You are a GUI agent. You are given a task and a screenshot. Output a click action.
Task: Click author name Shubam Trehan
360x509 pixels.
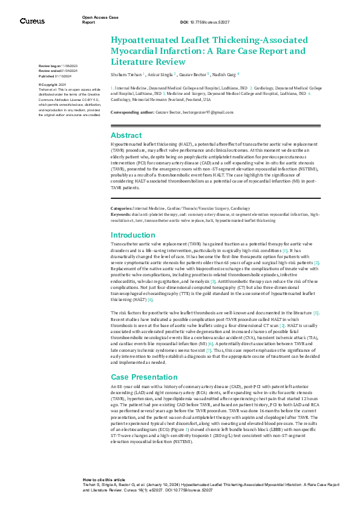126,74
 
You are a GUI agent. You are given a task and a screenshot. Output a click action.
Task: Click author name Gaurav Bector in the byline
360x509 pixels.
192,74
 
